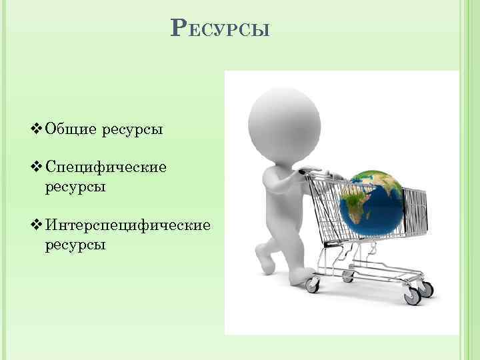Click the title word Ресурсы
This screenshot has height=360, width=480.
pos(221,29)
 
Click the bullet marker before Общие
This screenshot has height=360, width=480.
pos(37,127)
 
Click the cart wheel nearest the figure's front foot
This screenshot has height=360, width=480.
pos(311,285)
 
